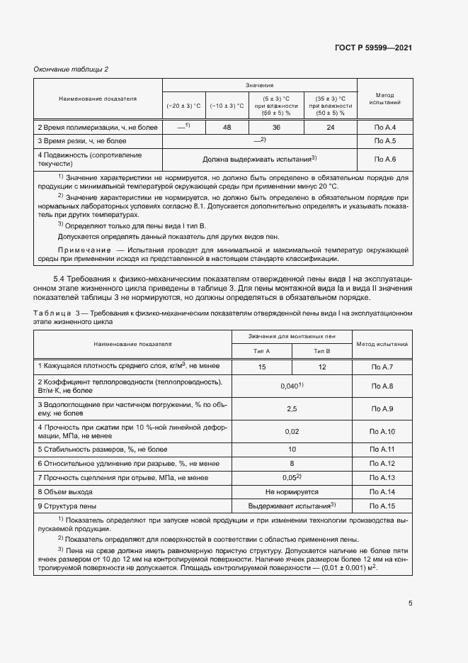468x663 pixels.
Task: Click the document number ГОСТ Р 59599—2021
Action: (373, 48)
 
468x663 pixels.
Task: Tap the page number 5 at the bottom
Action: (411, 603)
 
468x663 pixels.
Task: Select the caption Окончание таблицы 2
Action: (72, 69)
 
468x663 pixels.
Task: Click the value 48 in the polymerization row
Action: (227, 128)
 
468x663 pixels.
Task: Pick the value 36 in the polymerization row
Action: (276, 128)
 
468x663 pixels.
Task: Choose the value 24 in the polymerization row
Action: (331, 128)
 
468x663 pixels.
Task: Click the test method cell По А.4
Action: (384, 128)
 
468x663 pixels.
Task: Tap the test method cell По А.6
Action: (384, 160)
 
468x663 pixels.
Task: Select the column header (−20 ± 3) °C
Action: (184, 106)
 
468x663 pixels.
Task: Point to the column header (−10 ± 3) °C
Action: (227, 106)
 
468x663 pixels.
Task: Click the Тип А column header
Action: (262, 350)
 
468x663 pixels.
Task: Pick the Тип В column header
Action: (322, 350)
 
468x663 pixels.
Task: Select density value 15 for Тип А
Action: (262, 367)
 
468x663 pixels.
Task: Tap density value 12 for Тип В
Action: (322, 367)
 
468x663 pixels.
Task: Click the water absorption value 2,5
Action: (292, 409)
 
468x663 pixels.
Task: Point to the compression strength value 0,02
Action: (292, 431)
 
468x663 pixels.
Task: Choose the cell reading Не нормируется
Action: (292, 491)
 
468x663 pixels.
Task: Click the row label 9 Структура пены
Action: (67, 506)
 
